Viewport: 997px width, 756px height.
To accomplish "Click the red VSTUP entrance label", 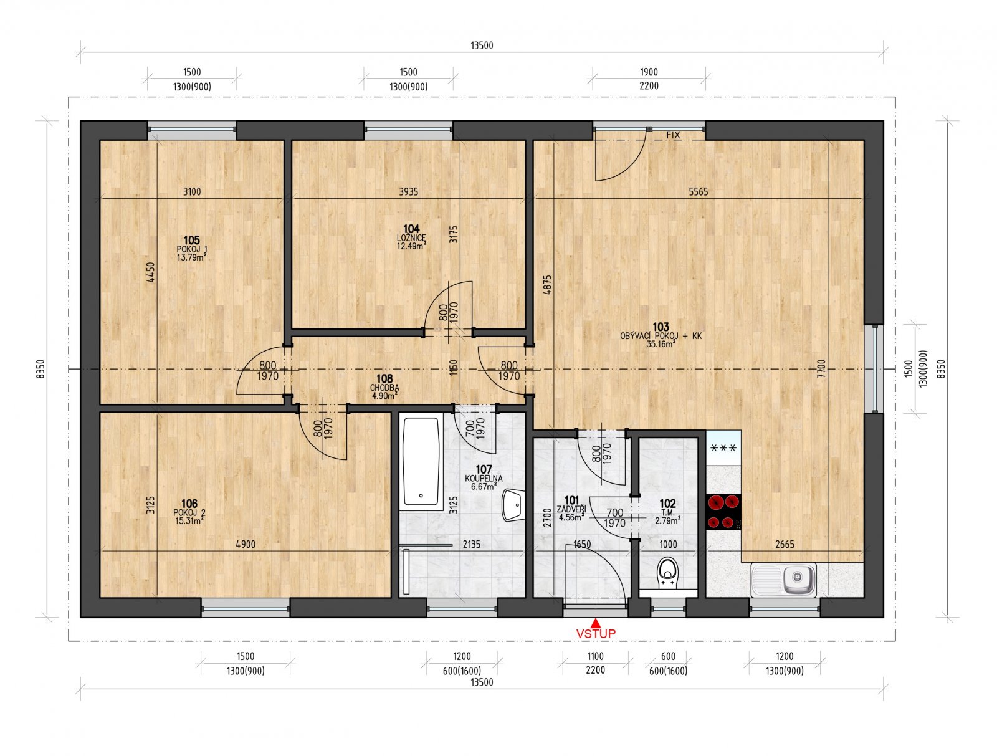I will [x=596, y=634].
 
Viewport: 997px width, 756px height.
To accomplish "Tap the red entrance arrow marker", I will [x=596, y=622].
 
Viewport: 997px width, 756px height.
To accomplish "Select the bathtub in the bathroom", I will [x=421, y=461].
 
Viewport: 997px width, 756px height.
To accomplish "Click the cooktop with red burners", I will [x=723, y=512].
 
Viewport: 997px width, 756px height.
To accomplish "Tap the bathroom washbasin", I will [x=513, y=505].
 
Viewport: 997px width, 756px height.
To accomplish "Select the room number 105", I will [x=191, y=240].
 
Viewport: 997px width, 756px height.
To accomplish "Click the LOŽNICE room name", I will [x=411, y=237].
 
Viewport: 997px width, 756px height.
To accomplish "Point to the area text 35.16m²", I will [x=661, y=343].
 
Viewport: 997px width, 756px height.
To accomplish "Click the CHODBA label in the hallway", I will [x=384, y=387].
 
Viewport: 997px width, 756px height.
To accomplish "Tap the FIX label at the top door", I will [x=673, y=135].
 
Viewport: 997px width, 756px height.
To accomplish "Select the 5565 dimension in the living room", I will [x=698, y=192].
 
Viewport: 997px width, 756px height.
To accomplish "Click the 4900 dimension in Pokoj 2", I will [x=246, y=544].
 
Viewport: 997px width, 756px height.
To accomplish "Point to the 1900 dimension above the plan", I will [x=649, y=72].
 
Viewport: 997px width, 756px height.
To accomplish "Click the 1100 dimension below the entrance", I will [x=595, y=656].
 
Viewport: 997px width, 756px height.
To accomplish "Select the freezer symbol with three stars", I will [x=723, y=447].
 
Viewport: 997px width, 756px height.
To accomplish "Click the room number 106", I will [x=189, y=504].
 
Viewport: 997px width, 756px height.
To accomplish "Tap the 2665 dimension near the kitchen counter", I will [x=785, y=544].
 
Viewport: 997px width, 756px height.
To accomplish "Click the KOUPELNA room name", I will [x=484, y=478].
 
